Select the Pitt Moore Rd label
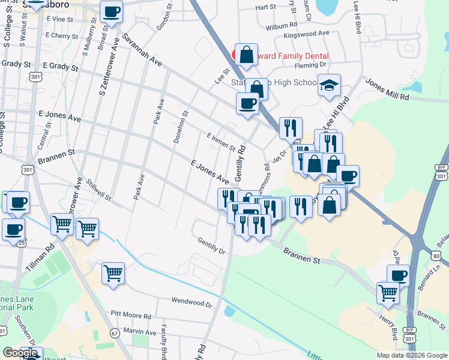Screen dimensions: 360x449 131,314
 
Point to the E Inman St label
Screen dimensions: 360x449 220,142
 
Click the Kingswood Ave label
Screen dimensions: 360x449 307,34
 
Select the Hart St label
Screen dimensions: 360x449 265,8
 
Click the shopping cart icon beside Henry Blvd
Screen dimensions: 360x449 388,293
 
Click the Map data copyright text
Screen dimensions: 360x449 411,355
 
